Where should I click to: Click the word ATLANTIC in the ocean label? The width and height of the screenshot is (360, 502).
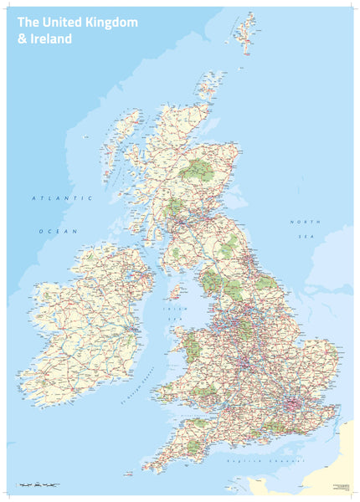[61, 198]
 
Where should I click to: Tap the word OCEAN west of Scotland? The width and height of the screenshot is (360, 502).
[57, 230]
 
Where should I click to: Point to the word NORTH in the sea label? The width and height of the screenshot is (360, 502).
[302, 222]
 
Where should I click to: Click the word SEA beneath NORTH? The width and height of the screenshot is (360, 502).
[302, 237]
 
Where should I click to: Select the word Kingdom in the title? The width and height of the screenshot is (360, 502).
[111, 23]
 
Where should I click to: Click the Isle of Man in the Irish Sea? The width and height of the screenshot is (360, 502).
[176, 292]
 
